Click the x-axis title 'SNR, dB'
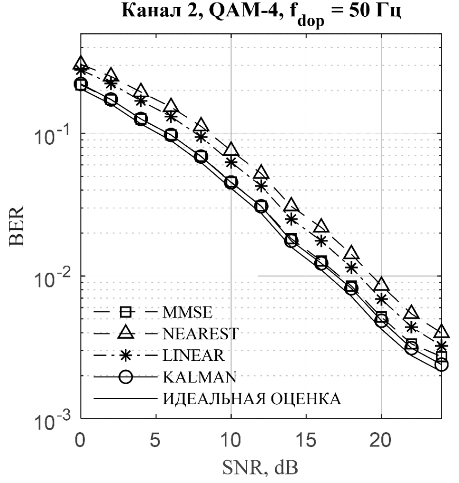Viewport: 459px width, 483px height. click(261, 469)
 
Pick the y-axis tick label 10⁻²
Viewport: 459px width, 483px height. click(51, 276)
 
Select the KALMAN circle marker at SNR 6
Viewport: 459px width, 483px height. click(171, 135)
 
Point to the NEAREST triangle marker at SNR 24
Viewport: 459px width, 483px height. click(441, 332)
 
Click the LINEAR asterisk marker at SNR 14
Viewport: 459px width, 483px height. click(291, 219)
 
